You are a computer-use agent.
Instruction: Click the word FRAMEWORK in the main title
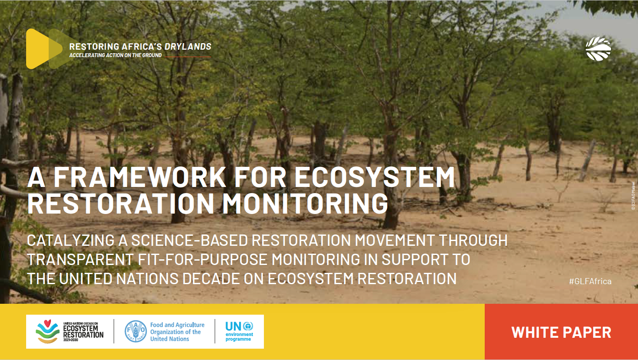139,177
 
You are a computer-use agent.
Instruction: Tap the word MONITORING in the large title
305,204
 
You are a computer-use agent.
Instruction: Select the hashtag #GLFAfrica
590,281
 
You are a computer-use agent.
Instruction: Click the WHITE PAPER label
561,332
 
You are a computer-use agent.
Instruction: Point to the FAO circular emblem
135,332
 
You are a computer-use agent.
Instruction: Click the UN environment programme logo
239,332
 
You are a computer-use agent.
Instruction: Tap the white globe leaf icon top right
598,49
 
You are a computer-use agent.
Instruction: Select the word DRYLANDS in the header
188,47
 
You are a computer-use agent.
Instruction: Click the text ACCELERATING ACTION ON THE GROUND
115,55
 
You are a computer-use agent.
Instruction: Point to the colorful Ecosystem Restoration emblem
47,332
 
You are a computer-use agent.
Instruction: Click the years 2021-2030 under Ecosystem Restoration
71,340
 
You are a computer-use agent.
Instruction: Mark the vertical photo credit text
633,196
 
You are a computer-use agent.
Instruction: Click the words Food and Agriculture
177,325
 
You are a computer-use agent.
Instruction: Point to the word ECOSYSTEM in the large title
375,177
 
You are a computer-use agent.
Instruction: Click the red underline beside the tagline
188,57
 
